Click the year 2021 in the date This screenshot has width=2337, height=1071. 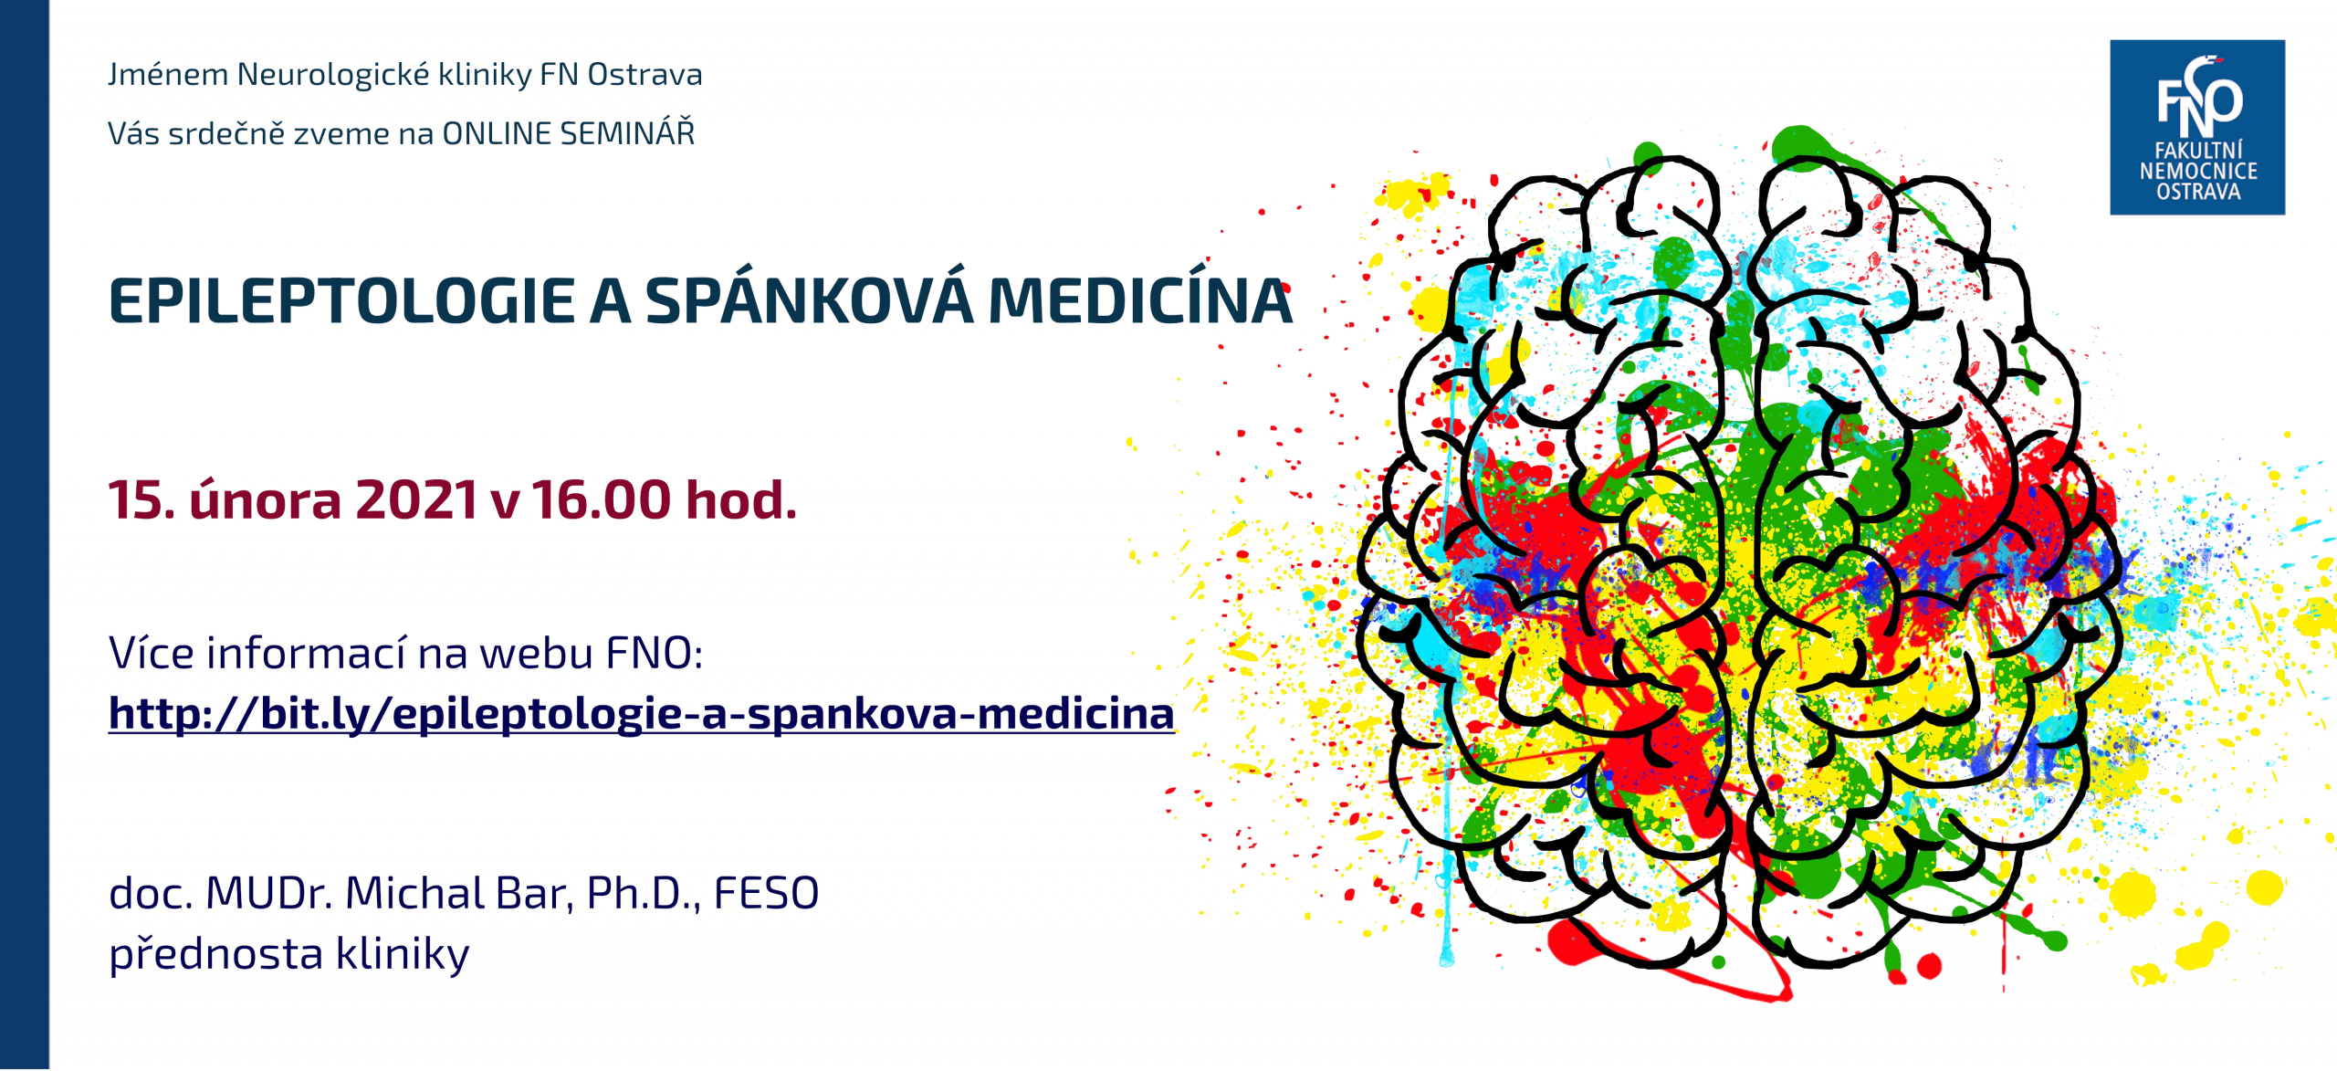click(416, 500)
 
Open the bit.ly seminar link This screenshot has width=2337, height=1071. click(642, 713)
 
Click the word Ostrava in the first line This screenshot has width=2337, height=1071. click(645, 75)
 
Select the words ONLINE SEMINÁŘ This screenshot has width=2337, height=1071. click(569, 133)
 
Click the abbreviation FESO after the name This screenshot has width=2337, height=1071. click(766, 893)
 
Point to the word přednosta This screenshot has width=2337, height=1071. click(216, 953)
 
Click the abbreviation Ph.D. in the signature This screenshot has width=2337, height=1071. click(644, 894)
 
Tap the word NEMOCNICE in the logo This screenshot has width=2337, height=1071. click(2198, 171)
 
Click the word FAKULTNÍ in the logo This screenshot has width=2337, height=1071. click(2198, 150)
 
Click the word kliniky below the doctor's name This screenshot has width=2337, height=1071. click(403, 953)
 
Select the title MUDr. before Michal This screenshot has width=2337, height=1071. click(269, 893)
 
